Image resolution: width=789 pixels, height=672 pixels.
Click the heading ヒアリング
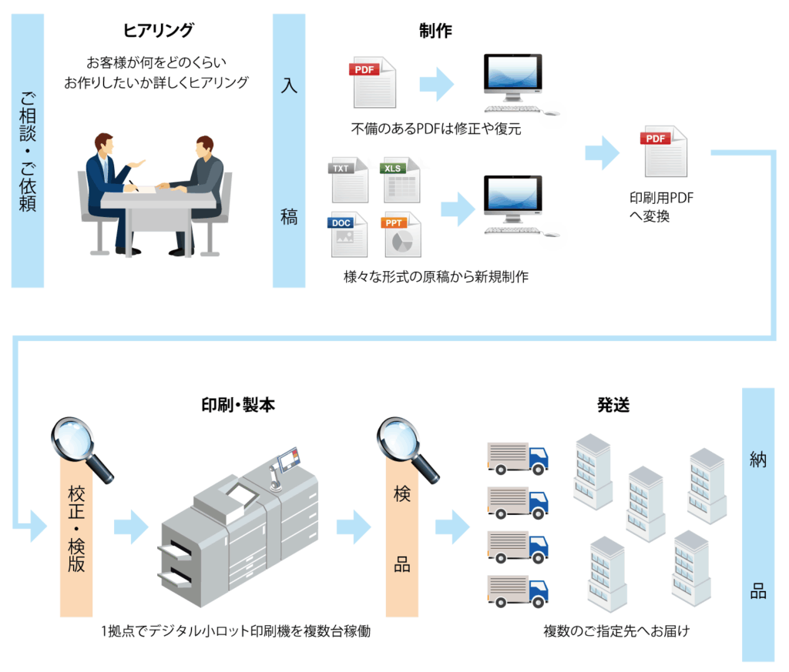tap(159, 31)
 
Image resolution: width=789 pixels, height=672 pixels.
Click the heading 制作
tap(435, 31)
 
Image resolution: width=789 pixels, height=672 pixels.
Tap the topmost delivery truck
tap(518, 458)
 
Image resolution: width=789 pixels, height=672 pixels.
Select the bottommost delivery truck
tap(518, 590)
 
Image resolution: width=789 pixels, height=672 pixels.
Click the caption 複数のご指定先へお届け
tap(616, 632)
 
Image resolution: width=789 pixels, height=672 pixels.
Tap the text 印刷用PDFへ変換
tap(662, 207)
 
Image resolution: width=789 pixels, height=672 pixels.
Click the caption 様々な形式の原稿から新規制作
tap(435, 277)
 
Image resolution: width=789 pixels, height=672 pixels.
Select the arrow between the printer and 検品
tap(354, 527)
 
